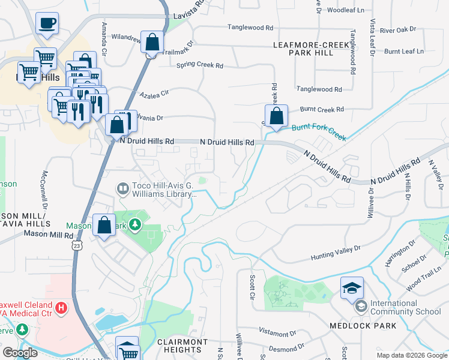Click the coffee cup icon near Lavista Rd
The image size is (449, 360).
pyautogui.click(x=47, y=24)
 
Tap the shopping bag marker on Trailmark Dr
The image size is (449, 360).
pyautogui.click(x=152, y=43)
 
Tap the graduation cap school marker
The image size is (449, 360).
pyautogui.click(x=352, y=287)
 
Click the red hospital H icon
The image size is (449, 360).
pyautogui.click(x=60, y=308)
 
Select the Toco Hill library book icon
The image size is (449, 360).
pyautogui.click(x=122, y=190)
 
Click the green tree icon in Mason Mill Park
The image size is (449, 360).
pyautogui.click(x=136, y=225)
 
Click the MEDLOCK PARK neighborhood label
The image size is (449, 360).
pyautogui.click(x=363, y=326)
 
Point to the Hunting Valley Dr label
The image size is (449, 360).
pyautogui.click(x=335, y=253)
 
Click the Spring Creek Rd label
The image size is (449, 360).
pyautogui.click(x=200, y=65)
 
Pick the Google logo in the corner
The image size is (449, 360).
pyautogui.click(x=20, y=353)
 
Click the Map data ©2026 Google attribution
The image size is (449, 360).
pyautogui.click(x=411, y=355)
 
